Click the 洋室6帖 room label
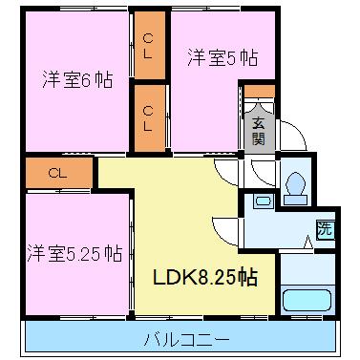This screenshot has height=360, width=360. [x=76, y=80]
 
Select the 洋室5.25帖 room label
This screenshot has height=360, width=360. [x=74, y=253]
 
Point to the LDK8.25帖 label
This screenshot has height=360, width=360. [x=203, y=278]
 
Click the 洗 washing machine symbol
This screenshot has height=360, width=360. [x=324, y=229]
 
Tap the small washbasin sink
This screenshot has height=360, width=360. [x=261, y=201]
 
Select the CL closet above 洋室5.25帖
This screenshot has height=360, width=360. [x=57, y=173]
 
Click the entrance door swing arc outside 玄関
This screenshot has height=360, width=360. [x=292, y=138]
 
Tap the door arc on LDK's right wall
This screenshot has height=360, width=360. [x=225, y=229]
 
